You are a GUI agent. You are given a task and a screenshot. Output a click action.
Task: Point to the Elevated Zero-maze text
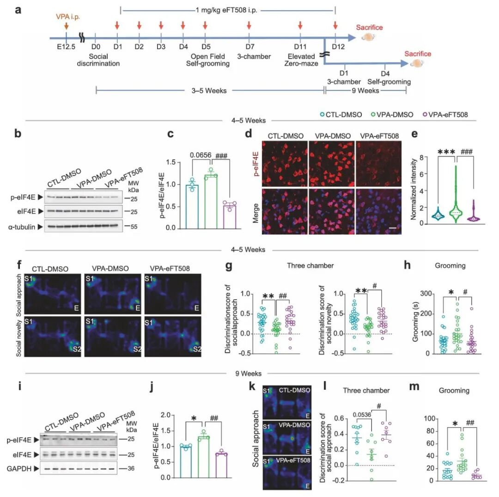[301, 60]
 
